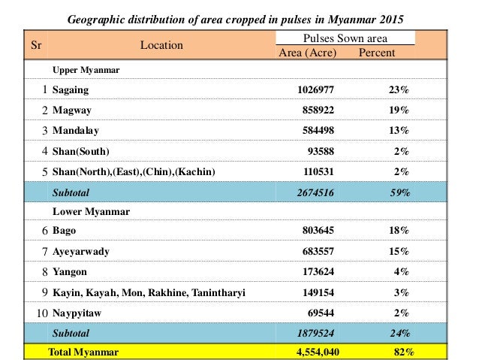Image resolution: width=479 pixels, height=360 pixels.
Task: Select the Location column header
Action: pos(161,45)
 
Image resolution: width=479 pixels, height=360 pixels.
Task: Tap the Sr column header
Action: pos(36,45)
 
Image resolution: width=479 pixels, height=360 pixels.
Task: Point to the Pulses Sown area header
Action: pos(344,38)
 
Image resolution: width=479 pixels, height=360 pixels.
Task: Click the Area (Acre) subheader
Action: pos(307,53)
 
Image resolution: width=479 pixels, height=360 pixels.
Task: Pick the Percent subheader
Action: pos(377,53)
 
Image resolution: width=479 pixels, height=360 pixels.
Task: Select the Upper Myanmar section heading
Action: pos(86,69)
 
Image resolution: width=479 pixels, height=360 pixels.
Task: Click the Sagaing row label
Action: pos(71,89)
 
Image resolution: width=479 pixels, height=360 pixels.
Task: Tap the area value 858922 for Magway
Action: pos(316,110)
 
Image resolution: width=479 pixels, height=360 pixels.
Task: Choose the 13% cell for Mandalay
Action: pos(399,130)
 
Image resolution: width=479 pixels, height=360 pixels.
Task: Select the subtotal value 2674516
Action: pos(316,192)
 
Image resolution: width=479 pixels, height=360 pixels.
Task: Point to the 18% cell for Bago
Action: pos(399,230)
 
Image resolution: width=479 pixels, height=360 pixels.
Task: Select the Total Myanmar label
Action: pos(83,351)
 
